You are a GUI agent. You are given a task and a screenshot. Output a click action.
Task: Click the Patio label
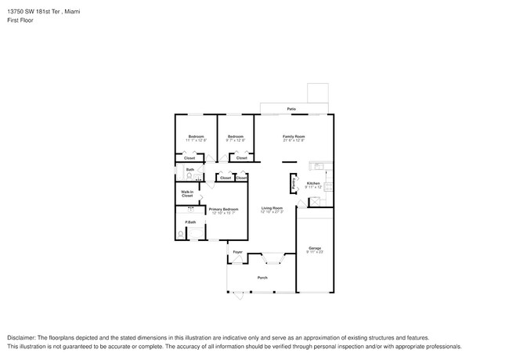coord(291,109)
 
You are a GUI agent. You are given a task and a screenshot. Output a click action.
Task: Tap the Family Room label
coord(294,136)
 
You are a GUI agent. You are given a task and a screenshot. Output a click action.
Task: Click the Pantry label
coord(294,184)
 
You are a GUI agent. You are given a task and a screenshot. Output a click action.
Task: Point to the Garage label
coord(314,248)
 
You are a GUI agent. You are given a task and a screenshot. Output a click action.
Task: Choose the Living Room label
coord(272,208)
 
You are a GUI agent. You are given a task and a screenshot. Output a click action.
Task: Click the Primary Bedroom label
coord(223,209)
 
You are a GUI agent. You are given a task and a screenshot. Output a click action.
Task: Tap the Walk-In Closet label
coord(187,193)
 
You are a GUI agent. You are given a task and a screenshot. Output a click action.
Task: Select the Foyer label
coord(237,252)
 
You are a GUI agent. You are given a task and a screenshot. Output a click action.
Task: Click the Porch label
coord(262,278)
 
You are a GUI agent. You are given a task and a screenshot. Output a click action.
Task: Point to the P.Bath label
coord(190,222)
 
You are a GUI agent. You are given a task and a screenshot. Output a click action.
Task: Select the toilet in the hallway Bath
coord(190,175)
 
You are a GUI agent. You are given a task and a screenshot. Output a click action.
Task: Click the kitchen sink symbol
coord(319,166)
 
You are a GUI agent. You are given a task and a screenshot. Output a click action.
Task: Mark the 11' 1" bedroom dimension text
coord(196,141)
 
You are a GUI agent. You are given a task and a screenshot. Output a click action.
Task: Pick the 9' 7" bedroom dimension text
coord(236,141)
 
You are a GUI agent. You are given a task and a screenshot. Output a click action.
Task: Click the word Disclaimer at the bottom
coord(23,336)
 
